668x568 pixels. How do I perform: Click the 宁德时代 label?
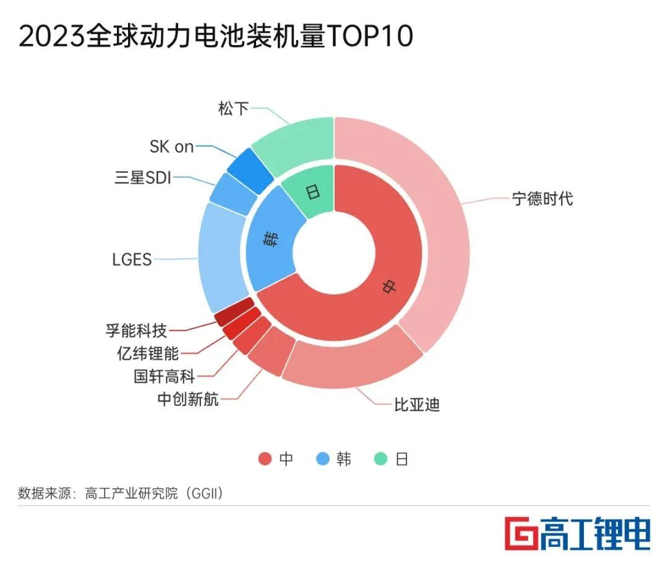tap(542, 199)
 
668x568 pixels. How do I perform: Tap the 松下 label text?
tap(233, 109)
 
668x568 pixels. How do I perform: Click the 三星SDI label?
tap(143, 178)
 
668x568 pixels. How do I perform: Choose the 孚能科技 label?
tap(136, 330)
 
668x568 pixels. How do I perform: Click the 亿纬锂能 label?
tap(148, 353)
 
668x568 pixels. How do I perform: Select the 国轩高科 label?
tap(164, 376)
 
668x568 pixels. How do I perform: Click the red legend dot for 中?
tap(265, 459)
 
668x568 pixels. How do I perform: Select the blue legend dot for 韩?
tap(322, 459)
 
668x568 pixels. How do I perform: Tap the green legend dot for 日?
tap(381, 459)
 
